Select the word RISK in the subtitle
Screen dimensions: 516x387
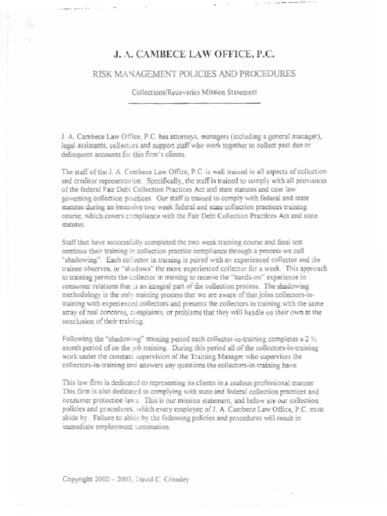pos(103,74)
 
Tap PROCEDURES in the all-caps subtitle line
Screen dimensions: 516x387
pos(267,74)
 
